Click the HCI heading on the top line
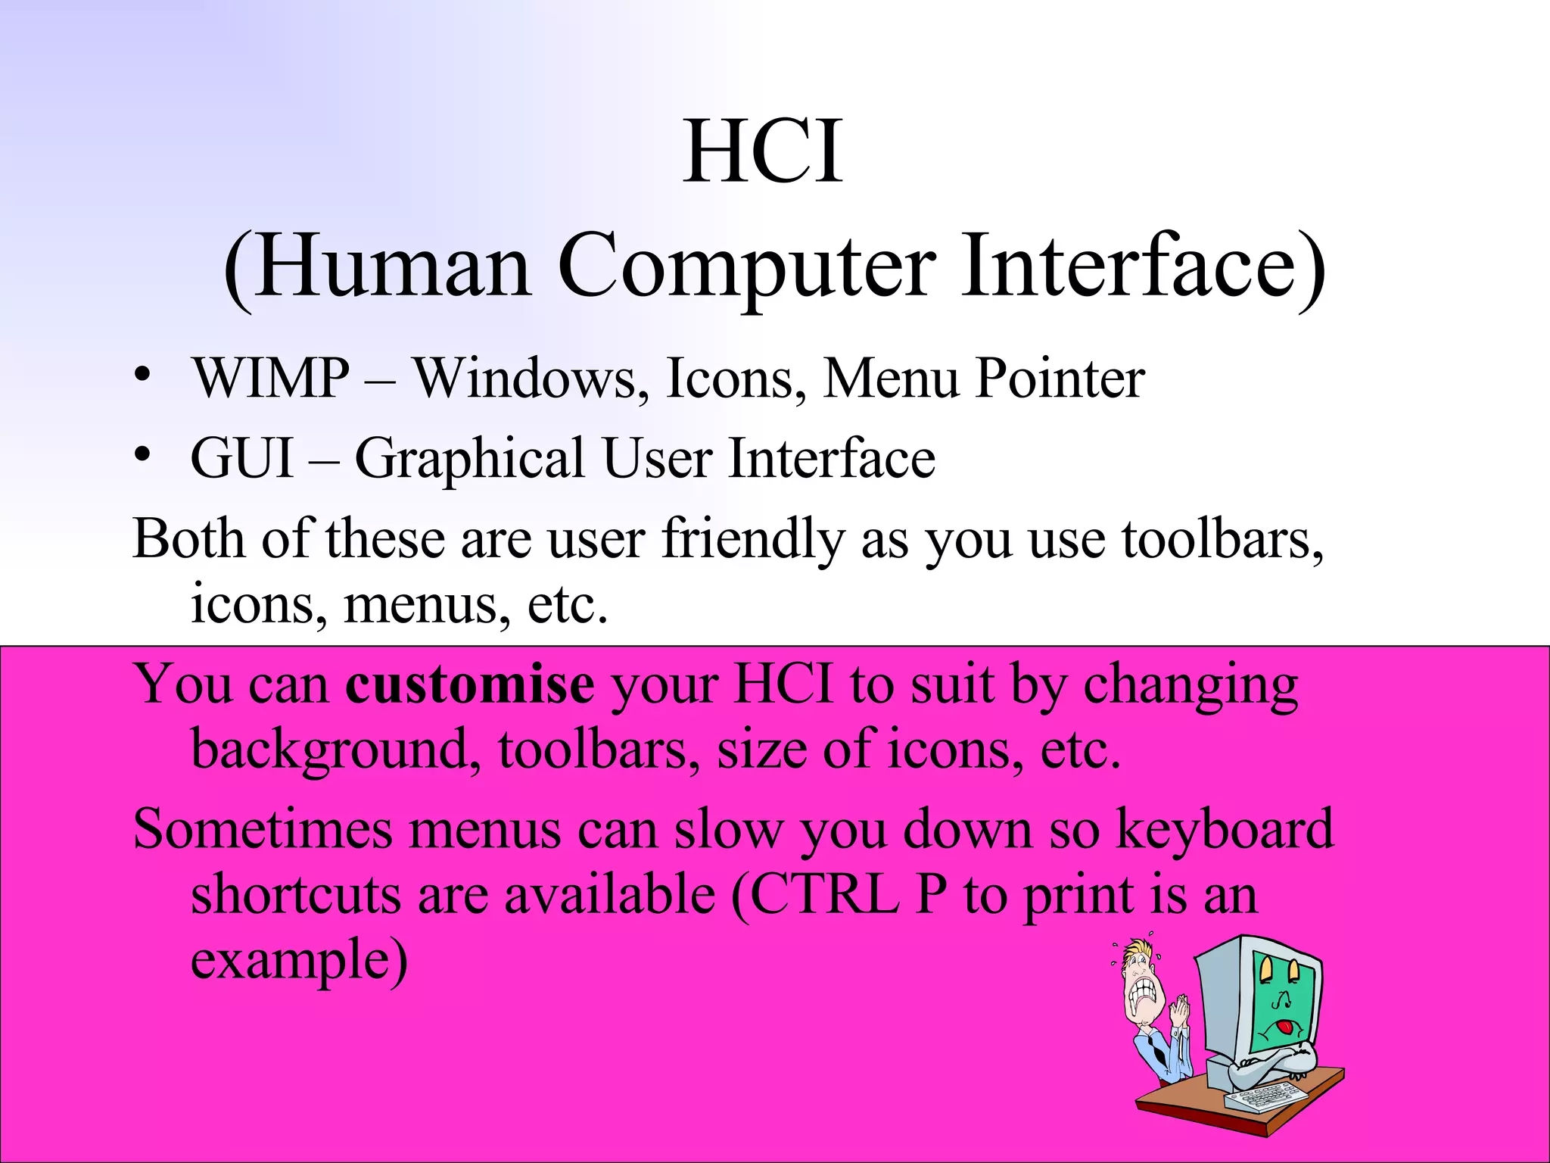click(x=763, y=153)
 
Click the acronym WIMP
click(x=271, y=378)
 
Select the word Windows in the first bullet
click(x=524, y=378)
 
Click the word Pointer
click(x=1060, y=378)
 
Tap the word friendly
click(x=752, y=540)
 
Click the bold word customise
click(x=470, y=684)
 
